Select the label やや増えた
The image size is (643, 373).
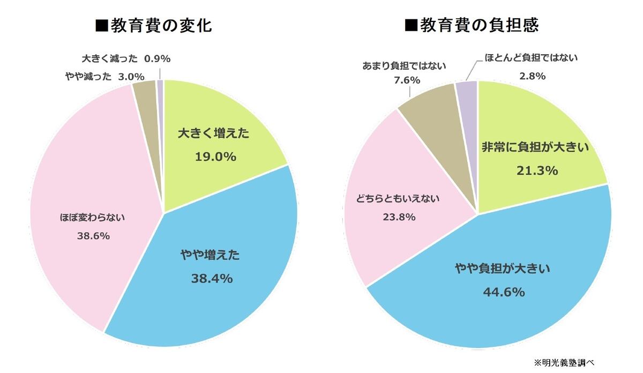pos(210,255)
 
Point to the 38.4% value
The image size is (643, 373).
pos(212,278)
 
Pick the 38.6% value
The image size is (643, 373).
pos(93,235)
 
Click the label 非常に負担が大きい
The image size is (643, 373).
pos(536,148)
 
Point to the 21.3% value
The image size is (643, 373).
pos(537,170)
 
